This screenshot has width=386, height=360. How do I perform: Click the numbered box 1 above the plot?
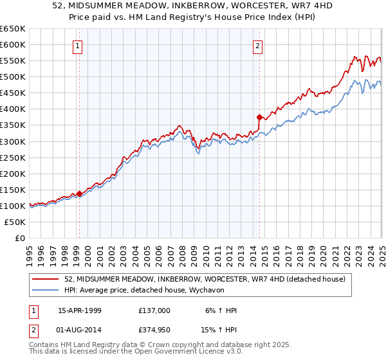click(77, 46)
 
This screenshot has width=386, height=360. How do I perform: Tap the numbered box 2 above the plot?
click(257, 46)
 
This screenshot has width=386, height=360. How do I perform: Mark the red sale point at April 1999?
click(79, 193)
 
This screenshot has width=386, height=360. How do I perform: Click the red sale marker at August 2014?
click(259, 117)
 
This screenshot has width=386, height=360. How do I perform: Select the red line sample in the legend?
click(46, 279)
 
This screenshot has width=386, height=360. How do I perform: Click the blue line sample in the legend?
click(46, 290)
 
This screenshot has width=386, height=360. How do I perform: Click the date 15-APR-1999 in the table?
click(79, 310)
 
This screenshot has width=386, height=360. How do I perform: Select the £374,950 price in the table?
click(154, 331)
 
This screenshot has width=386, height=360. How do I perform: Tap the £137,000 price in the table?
click(154, 310)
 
